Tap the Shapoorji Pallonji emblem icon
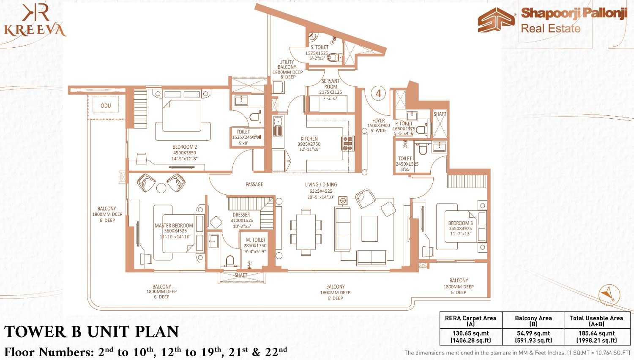pos(496,20)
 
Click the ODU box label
pos(106,105)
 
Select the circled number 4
pos(378,93)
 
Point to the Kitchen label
pos(309,139)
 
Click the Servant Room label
pos(331,84)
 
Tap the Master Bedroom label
pos(174,226)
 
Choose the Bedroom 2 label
pos(185,147)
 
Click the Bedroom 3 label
pos(460,223)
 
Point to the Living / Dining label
pos(321,185)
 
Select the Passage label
pos(254,184)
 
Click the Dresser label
pos(241,215)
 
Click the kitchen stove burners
pos(347,143)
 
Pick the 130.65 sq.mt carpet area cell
pos(470,336)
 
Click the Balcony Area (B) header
pos(533,321)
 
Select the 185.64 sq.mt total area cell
pos(596,336)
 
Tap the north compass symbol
pos(609,294)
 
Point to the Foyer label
pos(378,121)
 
